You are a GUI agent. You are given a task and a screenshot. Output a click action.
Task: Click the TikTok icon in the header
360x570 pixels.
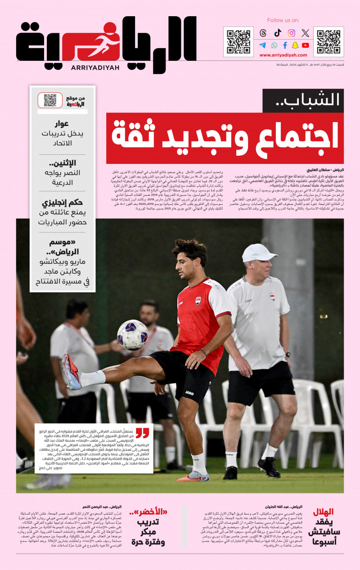pyautogui.click(x=277, y=33)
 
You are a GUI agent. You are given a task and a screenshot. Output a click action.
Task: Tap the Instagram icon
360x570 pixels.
pyautogui.click(x=292, y=33)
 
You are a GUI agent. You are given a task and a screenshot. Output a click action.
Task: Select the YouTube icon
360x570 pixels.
pyautogui.click(x=306, y=45)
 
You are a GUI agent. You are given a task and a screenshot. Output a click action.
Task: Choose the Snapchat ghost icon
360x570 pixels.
pyautogui.click(x=295, y=45)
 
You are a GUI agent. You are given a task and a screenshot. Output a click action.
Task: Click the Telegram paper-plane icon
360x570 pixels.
pyautogui.click(x=263, y=45)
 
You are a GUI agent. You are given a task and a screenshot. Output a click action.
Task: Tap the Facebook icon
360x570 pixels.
pyautogui.click(x=285, y=45)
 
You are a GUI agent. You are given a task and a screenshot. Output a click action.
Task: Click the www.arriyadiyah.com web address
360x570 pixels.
pyautogui.click(x=283, y=55)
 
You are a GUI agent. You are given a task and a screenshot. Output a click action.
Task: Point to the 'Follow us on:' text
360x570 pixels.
pyautogui.click(x=283, y=20)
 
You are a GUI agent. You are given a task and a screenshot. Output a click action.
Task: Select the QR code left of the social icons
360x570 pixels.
pyautogui.click(x=238, y=41)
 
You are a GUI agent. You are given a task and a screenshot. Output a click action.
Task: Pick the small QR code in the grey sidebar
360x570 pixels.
pyautogui.click(x=50, y=100)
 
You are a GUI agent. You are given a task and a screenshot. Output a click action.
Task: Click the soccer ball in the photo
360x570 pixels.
pyautogui.click(x=132, y=335)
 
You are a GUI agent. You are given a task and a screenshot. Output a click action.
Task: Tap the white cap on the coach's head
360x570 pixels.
pyautogui.click(x=259, y=253)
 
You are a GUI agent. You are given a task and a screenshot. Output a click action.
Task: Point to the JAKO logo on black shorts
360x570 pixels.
pyautogui.click(x=189, y=393)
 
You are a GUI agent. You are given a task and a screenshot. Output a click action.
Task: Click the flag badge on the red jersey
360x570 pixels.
pyautogui.click(x=198, y=300)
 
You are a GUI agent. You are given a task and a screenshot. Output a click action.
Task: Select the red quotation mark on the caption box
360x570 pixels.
pyautogui.click(x=142, y=433)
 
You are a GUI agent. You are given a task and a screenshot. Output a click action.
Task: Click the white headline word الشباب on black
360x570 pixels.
pyautogui.click(x=315, y=100)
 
